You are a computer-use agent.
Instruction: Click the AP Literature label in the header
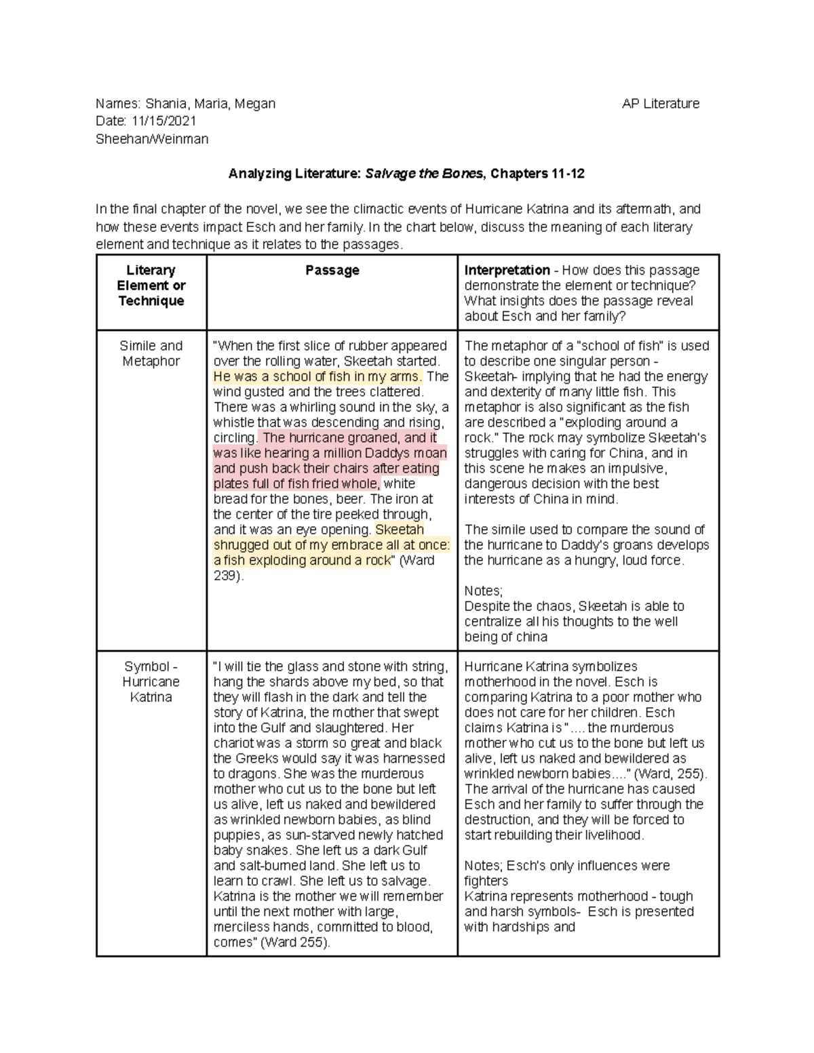660,104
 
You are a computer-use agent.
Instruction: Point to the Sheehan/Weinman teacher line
152,139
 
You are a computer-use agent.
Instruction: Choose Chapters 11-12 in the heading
537,174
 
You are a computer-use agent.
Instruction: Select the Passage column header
332,271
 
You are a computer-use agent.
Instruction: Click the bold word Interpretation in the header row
507,271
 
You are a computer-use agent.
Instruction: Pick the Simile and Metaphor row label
151,353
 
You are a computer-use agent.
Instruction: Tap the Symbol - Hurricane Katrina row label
151,681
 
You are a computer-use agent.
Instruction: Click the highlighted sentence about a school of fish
317,377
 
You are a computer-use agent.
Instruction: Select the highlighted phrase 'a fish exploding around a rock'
303,561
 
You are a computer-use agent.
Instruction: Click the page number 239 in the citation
225,576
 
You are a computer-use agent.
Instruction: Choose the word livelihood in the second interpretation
611,835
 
